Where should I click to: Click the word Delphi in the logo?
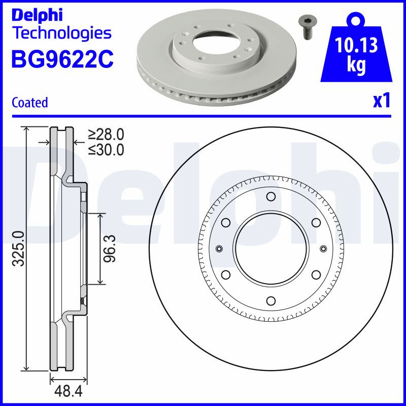pyautogui.click(x=37, y=15)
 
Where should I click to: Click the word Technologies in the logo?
pyautogui.click(x=62, y=33)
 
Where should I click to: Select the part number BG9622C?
pyautogui.click(x=62, y=59)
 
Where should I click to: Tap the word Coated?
pyautogui.click(x=30, y=103)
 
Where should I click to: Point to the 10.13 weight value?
pyautogui.click(x=356, y=45)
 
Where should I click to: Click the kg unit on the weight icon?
pyautogui.click(x=356, y=65)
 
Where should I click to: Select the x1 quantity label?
pyautogui.click(x=382, y=100)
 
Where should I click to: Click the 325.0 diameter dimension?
pyautogui.click(x=19, y=248)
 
